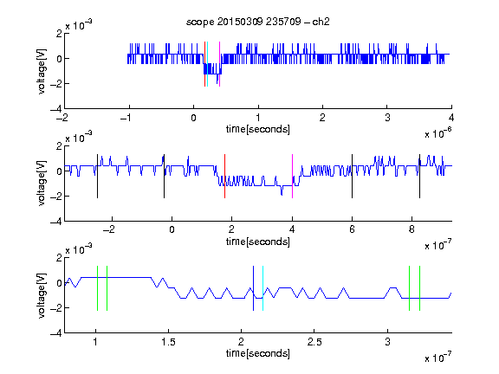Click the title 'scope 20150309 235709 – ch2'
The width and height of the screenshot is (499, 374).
pyautogui.click(x=258, y=22)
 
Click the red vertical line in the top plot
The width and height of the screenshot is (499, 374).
pyautogui.click(x=205, y=64)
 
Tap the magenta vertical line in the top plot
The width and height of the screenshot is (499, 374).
pyautogui.click(x=219, y=64)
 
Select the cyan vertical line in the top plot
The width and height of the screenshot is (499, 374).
pyautogui.click(x=208, y=64)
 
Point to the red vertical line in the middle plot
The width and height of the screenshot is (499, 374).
pyautogui.click(x=224, y=177)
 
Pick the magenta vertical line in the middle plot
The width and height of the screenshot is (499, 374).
pyautogui.click(x=292, y=177)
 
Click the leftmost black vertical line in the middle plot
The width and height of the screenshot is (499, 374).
pyautogui.click(x=97, y=177)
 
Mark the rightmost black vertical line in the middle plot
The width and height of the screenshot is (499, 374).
pyautogui.click(x=419, y=177)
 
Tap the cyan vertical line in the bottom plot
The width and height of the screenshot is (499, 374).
pyautogui.click(x=262, y=288)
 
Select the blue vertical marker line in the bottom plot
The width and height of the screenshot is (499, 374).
pyautogui.click(x=253, y=288)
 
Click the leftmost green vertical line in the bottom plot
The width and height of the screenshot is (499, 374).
pyautogui.click(x=97, y=288)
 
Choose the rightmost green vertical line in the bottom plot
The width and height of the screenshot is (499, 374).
pyautogui.click(x=420, y=288)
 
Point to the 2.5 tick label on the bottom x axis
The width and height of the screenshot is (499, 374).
pyautogui.click(x=314, y=342)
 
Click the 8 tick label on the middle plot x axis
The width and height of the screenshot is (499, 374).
pyautogui.click(x=412, y=229)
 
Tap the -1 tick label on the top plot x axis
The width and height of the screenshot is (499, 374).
pyautogui.click(x=126, y=118)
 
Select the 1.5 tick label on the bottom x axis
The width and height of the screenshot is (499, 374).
pyautogui.click(x=168, y=342)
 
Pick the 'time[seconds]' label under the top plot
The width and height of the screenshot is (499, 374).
pyautogui.click(x=258, y=129)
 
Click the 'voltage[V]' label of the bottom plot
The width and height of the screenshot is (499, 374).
pyautogui.click(x=42, y=295)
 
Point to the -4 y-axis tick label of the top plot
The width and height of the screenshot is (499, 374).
pyautogui.click(x=56, y=109)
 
